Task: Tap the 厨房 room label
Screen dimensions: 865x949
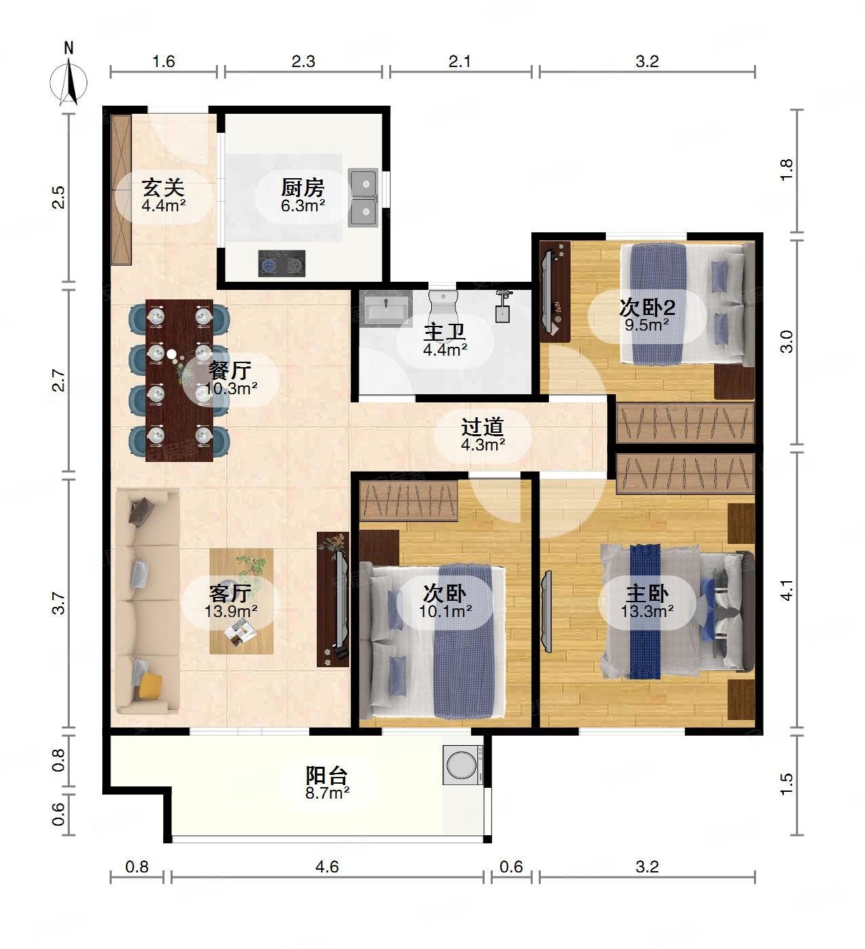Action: [x=303, y=188]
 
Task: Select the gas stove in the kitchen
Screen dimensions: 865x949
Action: [x=282, y=263]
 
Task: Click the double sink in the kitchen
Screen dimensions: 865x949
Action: [x=363, y=197]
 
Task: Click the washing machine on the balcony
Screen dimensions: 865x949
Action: [x=463, y=765]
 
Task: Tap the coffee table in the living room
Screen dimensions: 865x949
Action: [x=242, y=601]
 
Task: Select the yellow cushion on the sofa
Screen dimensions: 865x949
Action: [x=150, y=685]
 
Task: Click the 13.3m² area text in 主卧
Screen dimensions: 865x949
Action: [x=647, y=612]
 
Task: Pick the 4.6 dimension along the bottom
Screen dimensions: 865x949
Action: [x=327, y=866]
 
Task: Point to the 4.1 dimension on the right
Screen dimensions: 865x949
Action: [x=786, y=590]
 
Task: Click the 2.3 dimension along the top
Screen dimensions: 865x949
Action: [x=303, y=62]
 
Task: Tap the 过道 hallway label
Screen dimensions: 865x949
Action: [x=483, y=427]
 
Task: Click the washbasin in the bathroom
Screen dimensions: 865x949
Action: [x=386, y=308]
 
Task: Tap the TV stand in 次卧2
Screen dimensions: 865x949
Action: [x=555, y=291]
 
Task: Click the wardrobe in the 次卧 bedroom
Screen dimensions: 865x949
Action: [x=409, y=501]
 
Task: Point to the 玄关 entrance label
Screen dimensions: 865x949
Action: [x=163, y=188]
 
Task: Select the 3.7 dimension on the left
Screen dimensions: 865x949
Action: [x=58, y=603]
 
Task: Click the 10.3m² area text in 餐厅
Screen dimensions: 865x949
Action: [x=231, y=389]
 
